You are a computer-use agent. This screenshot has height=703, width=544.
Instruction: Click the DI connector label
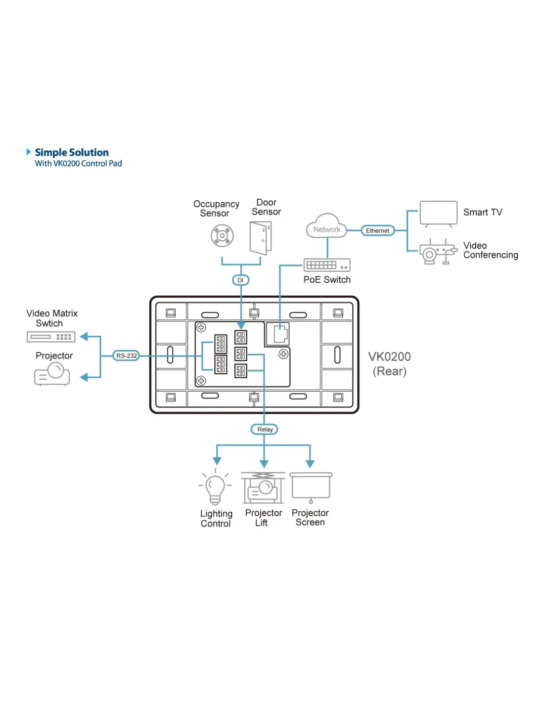point(241,280)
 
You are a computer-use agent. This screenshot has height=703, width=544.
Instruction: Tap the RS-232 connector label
point(127,355)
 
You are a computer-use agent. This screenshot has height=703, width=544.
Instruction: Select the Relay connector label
point(265,429)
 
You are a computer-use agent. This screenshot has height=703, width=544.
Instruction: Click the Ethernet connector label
point(377,230)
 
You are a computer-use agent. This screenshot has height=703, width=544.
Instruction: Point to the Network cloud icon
point(326,227)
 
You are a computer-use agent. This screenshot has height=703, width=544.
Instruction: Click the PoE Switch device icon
point(327,265)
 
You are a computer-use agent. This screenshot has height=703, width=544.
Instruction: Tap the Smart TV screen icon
point(438,214)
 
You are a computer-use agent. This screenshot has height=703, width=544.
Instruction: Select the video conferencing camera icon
point(437,253)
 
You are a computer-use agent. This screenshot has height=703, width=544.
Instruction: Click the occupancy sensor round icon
point(222,236)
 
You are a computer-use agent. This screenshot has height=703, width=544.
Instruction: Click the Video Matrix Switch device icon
point(51,337)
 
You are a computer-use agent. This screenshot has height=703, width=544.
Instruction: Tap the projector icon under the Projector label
point(52,374)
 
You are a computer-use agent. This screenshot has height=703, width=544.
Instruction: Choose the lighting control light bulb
point(215,487)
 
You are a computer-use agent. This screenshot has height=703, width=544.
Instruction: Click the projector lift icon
point(263,487)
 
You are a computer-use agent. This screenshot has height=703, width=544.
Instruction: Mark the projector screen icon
point(311,487)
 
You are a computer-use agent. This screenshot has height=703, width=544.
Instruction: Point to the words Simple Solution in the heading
point(72,152)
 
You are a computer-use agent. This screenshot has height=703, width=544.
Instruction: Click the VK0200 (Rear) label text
point(390,364)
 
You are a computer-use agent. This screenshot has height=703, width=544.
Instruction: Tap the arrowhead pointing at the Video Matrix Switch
point(84,337)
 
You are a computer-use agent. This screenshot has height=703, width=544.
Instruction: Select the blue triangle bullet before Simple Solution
point(29,152)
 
